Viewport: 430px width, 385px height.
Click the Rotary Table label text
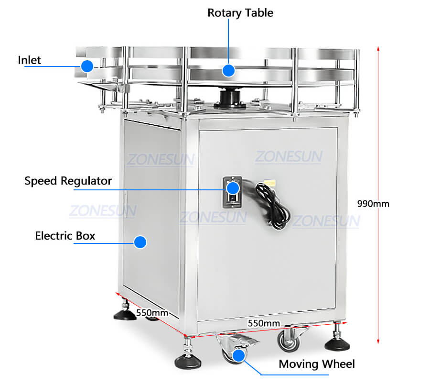240,13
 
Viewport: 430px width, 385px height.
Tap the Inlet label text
30,60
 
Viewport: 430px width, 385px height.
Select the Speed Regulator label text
68,181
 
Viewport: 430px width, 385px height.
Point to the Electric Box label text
65,236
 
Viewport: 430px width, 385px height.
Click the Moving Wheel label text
317,364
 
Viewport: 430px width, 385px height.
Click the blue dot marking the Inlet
87,66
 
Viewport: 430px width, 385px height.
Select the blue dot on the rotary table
229,70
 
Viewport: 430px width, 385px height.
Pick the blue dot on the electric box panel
140,242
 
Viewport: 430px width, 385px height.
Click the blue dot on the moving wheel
238,355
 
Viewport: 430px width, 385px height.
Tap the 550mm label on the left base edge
152,312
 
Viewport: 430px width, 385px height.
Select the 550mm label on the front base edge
264,323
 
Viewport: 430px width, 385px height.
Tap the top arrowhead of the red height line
378,48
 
